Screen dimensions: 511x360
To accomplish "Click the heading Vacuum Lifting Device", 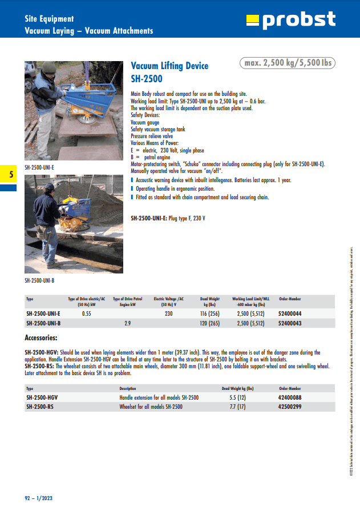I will [x=169, y=66].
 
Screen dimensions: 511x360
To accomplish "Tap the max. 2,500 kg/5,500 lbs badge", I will [x=287, y=63].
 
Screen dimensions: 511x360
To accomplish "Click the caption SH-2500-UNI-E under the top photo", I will [x=39, y=167].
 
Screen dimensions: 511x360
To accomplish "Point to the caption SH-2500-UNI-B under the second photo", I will [x=39, y=280].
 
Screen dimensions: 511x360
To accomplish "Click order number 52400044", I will [x=290, y=314].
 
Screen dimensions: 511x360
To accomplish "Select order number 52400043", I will [x=290, y=323].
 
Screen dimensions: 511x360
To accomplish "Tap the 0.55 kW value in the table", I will [x=87, y=314].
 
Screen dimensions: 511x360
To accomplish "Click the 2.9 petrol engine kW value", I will [x=127, y=323].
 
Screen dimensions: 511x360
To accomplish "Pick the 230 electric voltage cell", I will [x=169, y=314].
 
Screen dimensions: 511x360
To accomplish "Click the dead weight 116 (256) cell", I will [x=209, y=314].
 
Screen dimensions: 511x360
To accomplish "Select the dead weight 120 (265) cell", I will [x=209, y=323].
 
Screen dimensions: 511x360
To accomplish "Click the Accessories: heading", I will [x=41, y=337].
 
